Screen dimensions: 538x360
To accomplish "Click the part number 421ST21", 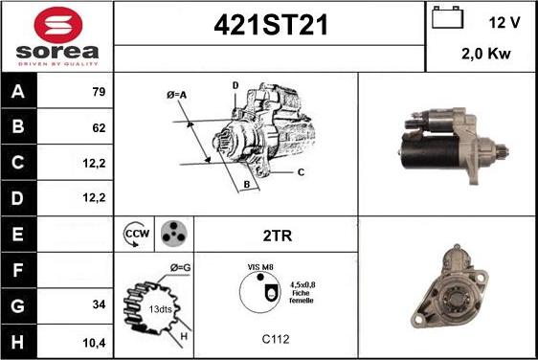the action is (271, 26).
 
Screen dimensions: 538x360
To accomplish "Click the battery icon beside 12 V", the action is (447, 17).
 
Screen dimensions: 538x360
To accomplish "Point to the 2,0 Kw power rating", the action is (486, 54).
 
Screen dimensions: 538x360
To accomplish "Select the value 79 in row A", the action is (99, 92).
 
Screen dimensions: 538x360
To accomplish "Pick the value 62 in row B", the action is (99, 127).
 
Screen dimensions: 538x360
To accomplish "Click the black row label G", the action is (18, 305).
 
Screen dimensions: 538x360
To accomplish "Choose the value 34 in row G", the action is (99, 304).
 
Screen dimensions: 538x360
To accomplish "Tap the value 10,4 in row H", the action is (95, 343).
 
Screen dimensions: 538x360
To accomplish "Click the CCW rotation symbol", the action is (137, 234).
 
